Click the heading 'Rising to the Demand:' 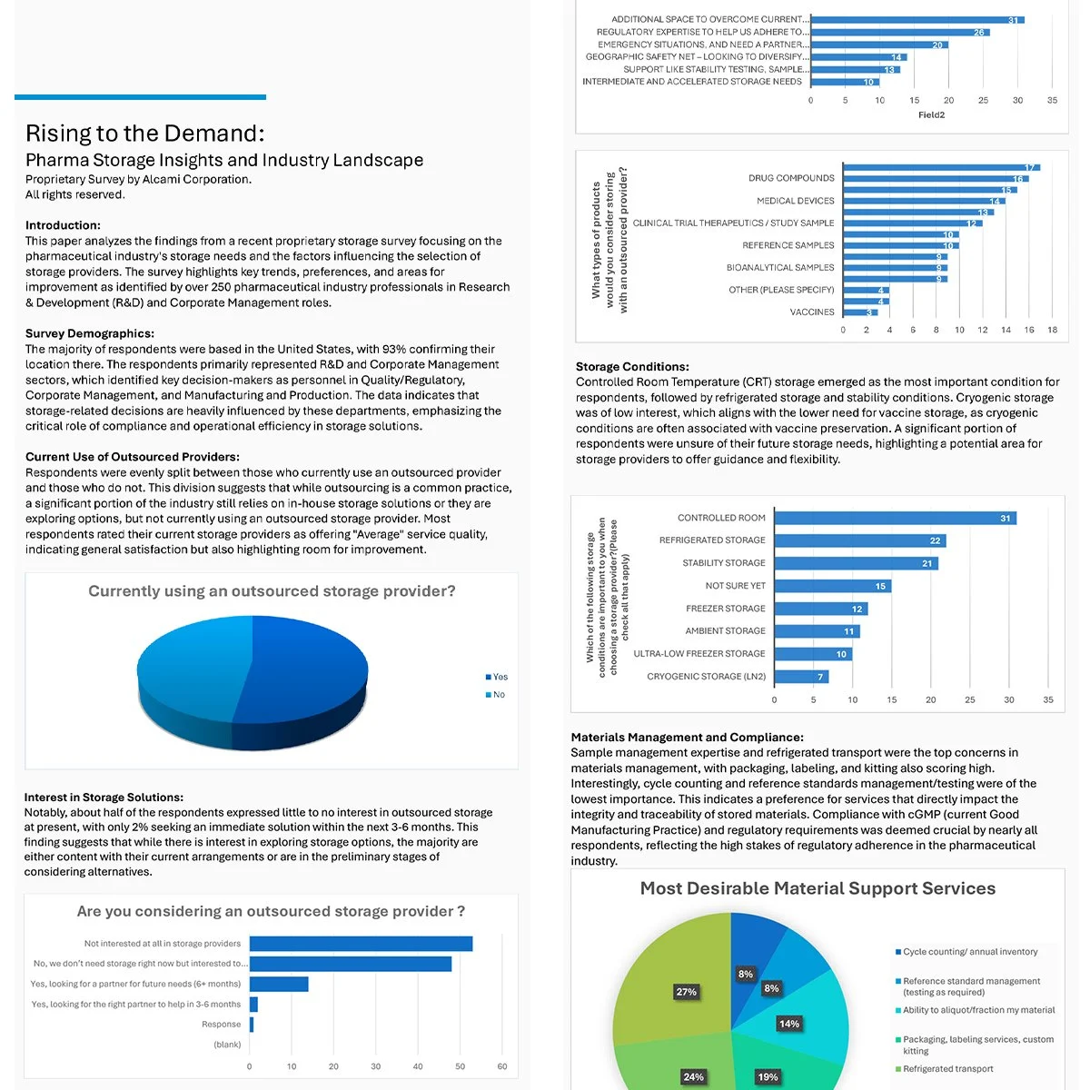[x=145, y=134]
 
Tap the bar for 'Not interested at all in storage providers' [x=361, y=944]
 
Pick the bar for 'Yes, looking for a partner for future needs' [x=279, y=985]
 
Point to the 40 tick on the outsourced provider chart [x=418, y=1066]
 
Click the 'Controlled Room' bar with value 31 [x=895, y=519]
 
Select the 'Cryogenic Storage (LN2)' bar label [x=706, y=677]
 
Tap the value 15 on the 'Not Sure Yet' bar [x=880, y=587]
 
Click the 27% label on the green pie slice [x=686, y=992]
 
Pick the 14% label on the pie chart [x=788, y=1024]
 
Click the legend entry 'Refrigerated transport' [x=947, y=1069]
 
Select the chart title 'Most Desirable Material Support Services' [x=817, y=889]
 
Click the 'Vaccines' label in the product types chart [x=811, y=312]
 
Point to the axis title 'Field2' [x=931, y=115]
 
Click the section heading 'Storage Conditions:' [x=632, y=367]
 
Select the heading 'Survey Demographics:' [x=90, y=333]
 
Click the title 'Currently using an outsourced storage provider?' [x=272, y=591]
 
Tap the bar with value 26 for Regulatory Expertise [x=899, y=32]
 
